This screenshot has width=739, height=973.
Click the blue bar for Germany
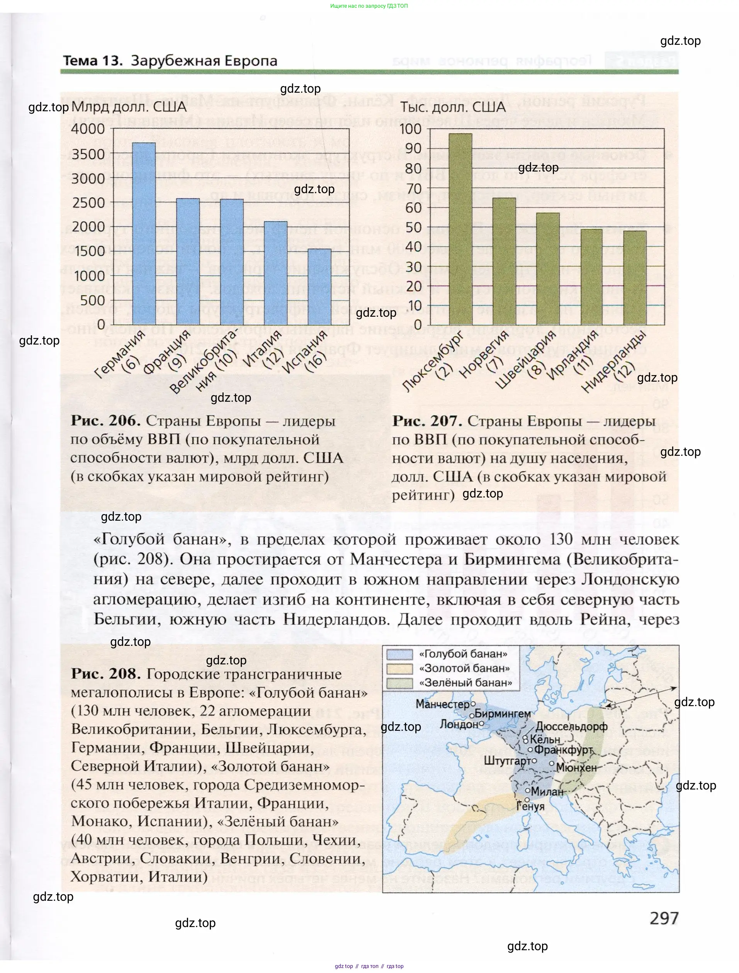144,234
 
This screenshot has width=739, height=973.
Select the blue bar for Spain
320,287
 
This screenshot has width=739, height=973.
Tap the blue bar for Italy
276,273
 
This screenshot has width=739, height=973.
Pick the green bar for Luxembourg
460,229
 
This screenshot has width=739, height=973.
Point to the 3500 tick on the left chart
88,154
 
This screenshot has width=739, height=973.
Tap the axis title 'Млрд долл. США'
129,107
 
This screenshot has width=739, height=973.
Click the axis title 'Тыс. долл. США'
453,107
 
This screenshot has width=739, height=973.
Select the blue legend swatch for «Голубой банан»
399,654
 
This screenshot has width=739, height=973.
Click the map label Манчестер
443,704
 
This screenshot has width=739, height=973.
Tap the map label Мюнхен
576,768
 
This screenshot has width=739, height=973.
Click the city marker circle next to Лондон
481,723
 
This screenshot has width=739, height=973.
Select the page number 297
664,918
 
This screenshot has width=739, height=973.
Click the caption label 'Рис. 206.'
105,421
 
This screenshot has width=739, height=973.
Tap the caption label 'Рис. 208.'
105,674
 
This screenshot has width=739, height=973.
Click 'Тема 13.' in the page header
93,61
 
